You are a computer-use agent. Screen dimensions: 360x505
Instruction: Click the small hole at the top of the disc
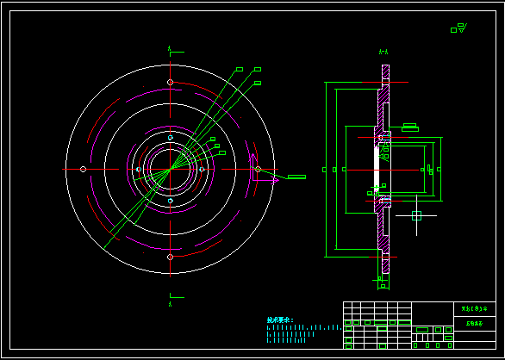tap(171, 83)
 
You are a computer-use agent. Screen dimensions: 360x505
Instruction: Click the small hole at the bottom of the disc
tap(171, 257)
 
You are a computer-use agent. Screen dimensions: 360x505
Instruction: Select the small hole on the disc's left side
tap(83, 169)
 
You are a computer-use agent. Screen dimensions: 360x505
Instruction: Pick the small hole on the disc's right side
tap(258, 170)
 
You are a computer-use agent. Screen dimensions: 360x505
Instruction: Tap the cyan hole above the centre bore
tap(171, 138)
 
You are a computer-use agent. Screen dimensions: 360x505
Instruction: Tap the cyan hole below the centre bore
tap(171, 201)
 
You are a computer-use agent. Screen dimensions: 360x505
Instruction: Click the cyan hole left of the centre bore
tap(139, 170)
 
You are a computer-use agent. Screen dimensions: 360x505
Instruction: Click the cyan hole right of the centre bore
tap(202, 170)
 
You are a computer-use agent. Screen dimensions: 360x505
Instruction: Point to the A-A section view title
tap(383, 53)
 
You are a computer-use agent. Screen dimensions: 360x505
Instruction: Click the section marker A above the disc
tap(171, 47)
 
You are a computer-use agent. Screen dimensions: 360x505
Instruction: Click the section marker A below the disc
tap(171, 303)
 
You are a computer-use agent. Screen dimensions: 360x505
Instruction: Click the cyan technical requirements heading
tap(280, 320)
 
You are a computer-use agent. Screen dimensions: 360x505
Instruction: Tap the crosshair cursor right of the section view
tap(416, 215)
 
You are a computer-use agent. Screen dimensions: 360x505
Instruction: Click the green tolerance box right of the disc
tap(296, 177)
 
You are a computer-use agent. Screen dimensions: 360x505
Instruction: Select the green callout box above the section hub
tap(409, 127)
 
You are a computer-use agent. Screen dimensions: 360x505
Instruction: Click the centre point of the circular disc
tap(171, 170)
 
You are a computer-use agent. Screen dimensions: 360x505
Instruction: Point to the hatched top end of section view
tap(384, 78)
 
